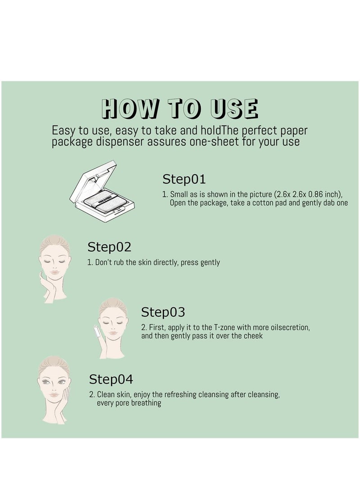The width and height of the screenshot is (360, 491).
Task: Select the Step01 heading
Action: coord(184,179)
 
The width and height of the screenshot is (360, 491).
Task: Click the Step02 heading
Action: coord(109,247)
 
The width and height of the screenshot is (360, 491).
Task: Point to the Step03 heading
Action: coord(163,312)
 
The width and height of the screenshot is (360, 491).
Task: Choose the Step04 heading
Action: coord(111,379)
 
